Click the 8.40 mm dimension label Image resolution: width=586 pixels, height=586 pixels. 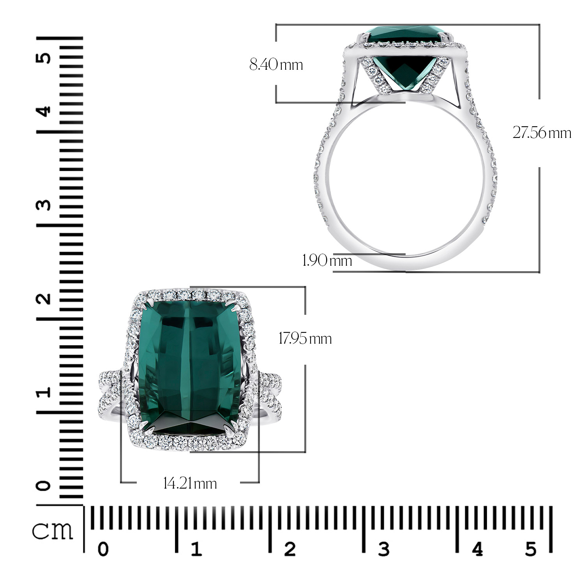tap(276, 64)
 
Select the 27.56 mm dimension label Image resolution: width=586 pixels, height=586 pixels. tap(542, 133)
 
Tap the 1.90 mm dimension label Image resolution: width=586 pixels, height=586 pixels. tap(327, 260)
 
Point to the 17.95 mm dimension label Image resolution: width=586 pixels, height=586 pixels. tap(305, 338)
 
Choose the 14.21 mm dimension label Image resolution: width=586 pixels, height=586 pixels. tap(190, 484)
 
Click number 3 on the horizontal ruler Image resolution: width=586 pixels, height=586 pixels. tap(383, 549)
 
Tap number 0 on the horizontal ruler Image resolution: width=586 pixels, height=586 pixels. tap(103, 549)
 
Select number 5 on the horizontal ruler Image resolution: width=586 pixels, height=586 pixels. tap(531, 549)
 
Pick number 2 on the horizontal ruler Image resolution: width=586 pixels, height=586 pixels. tap(289, 549)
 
